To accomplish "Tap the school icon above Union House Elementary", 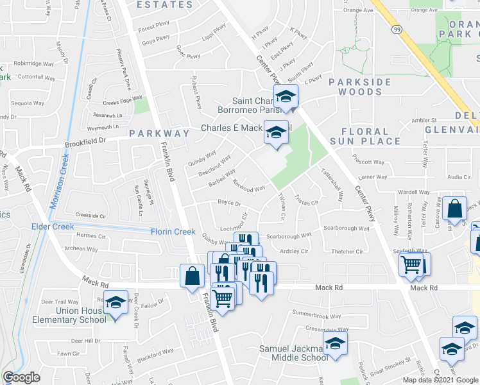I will click(x=116, y=302).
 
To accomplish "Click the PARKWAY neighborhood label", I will click(x=159, y=133).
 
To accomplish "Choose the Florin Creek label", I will click(x=173, y=232).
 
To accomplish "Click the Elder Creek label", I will click(x=53, y=227).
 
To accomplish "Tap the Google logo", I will click(x=22, y=377).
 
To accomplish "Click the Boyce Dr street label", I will click(x=229, y=203).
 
